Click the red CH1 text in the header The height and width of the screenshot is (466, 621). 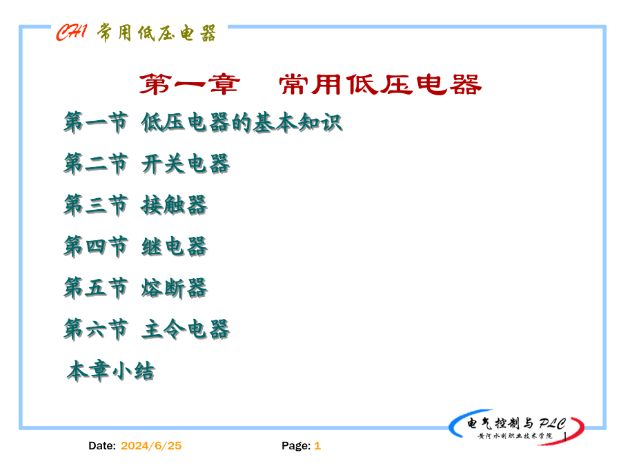point(71,32)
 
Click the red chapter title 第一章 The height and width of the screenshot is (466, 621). point(189,84)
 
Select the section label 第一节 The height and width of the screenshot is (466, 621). point(96,122)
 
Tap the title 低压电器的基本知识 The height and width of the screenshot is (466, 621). point(241,122)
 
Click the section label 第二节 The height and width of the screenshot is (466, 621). point(96,164)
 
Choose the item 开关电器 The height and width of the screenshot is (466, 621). point(186,164)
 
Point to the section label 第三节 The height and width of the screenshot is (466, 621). point(96,205)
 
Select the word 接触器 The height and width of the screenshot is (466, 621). point(175,205)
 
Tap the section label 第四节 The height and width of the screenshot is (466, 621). point(96,246)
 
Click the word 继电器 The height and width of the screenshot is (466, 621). point(175,246)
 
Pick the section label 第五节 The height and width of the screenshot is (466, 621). point(96,288)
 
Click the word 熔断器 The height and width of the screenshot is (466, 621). point(175,288)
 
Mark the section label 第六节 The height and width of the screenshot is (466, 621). point(96,329)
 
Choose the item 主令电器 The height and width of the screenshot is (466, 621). point(186,329)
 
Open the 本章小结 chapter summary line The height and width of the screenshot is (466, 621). point(111,371)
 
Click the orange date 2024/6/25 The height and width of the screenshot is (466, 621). point(151,446)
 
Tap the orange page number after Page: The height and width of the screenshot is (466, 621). point(317,446)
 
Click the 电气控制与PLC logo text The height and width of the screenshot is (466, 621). point(516,423)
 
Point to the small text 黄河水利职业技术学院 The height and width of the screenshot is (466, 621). point(515,436)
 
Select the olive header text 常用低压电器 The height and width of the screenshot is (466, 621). point(157,33)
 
